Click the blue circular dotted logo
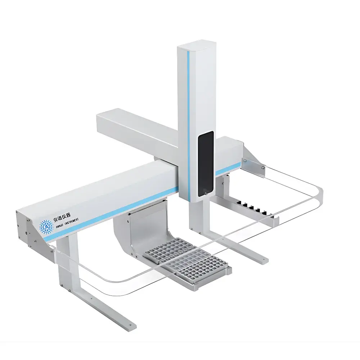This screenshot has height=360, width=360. [46, 226]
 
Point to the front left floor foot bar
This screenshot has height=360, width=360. [108, 310]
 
